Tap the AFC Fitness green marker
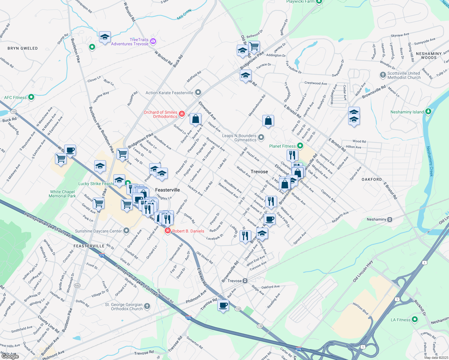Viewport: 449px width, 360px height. point(31,97)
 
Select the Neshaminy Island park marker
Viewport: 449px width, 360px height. point(428,112)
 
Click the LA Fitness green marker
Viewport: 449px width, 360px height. point(415,319)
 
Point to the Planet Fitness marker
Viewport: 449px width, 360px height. point(300,146)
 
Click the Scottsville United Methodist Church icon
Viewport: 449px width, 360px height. point(383,75)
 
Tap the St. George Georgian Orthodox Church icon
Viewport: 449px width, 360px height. point(147,306)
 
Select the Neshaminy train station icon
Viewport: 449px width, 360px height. point(390,219)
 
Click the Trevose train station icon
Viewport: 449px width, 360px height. point(245,281)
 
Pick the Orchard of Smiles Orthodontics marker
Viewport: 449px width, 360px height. point(182,114)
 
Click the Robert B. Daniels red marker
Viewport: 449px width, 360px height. point(167,231)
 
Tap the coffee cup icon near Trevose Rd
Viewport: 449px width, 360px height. point(223,306)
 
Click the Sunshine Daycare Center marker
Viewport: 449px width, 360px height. point(126,231)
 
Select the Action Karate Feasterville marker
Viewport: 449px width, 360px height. point(198,92)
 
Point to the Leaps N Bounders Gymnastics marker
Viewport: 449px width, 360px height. point(261,137)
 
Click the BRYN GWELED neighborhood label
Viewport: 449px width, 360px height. point(23,48)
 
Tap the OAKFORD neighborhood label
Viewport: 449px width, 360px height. point(372,179)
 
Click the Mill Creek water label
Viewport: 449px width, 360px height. point(184,15)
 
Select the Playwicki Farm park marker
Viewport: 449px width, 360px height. point(319,1)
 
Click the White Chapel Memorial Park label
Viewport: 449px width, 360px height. point(62,194)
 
